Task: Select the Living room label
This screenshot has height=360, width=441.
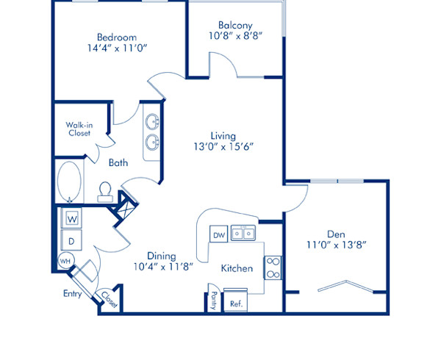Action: [223, 136]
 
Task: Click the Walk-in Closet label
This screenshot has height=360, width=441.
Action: [78, 129]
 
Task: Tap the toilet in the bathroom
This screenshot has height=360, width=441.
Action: [104, 192]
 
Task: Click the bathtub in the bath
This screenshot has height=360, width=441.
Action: [71, 181]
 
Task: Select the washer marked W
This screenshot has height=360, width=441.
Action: [72, 218]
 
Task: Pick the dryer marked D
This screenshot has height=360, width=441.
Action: [72, 240]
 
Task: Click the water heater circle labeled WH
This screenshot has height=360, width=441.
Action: [65, 261]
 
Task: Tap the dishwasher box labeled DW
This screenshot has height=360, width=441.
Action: [218, 235]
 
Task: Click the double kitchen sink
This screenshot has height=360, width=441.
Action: [243, 234]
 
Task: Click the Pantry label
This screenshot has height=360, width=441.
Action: [214, 300]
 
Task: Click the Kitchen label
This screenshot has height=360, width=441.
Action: [237, 268]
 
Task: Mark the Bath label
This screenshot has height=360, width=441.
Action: [119, 163]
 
